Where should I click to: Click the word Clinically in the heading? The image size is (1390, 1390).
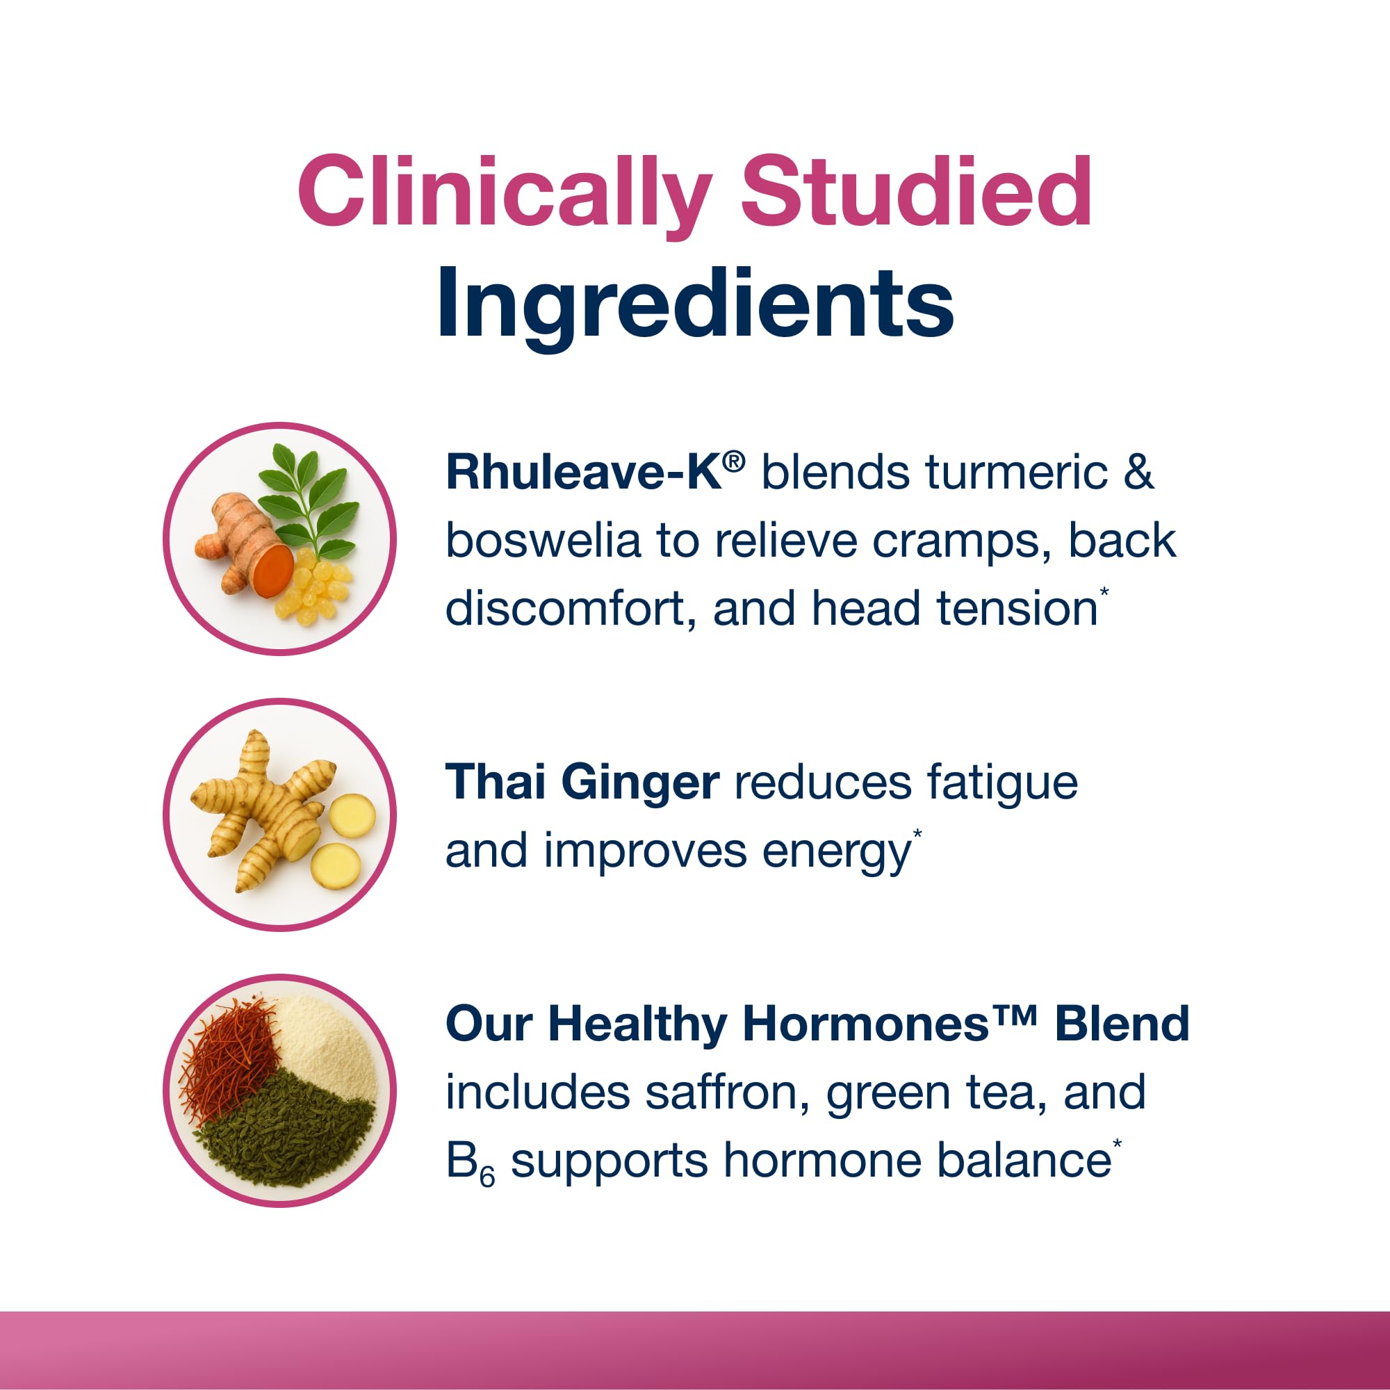504,191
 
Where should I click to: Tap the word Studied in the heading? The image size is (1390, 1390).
916,191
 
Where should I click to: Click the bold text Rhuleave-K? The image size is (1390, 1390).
583,473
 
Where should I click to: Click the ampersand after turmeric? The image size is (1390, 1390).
1138,473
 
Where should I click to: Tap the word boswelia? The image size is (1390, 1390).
543,541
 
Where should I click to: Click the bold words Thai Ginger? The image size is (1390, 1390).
581,782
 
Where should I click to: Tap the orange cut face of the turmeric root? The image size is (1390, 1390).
274,569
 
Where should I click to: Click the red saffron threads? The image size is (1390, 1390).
228,1057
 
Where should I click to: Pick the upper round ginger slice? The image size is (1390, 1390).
352,816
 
